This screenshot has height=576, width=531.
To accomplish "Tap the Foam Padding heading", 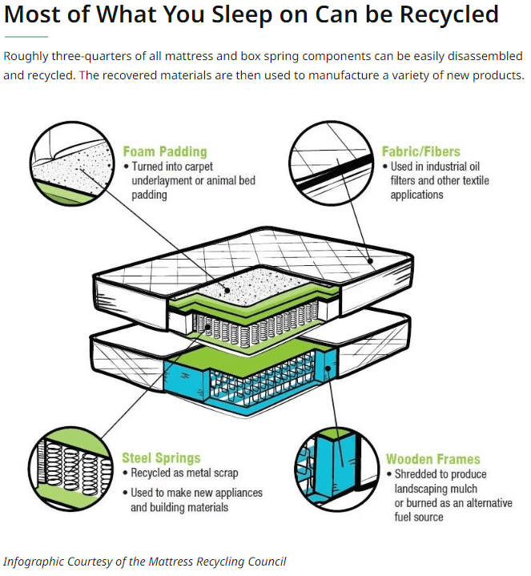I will tap(164, 151).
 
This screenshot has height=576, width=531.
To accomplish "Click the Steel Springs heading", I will tap(161, 458).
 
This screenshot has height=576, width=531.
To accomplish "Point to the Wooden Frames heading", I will tap(432, 459).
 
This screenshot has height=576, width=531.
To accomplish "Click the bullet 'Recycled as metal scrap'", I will tap(184, 473).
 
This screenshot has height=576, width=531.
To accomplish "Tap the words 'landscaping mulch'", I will tap(436, 488).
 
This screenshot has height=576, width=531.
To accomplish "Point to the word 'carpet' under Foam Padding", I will tap(210, 166).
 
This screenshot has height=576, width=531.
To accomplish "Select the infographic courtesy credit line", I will tap(144, 561).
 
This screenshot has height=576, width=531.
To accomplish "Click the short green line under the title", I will tap(26, 37).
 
